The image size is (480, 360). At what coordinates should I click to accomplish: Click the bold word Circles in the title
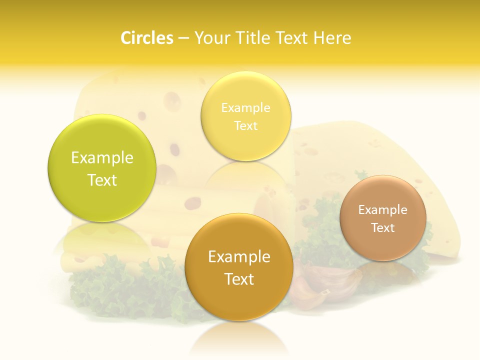click(x=146, y=38)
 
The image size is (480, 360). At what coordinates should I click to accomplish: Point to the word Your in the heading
click(x=211, y=38)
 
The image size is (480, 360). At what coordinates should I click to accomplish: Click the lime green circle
click(x=102, y=168)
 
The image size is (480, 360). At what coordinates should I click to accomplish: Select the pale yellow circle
click(x=245, y=116)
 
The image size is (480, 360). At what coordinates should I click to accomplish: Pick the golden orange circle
click(x=239, y=267)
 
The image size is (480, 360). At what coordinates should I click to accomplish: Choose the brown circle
click(x=383, y=218)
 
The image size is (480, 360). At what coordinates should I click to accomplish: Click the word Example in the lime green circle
click(x=102, y=158)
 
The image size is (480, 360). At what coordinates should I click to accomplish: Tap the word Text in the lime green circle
click(x=102, y=180)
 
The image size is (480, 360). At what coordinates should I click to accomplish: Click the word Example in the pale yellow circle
click(x=245, y=107)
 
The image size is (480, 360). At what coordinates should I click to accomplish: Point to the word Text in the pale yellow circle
click(x=245, y=125)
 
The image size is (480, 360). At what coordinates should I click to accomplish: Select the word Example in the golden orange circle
click(x=239, y=257)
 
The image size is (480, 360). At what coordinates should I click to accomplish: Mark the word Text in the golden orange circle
click(x=239, y=279)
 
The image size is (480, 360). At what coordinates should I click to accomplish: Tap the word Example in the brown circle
click(x=383, y=209)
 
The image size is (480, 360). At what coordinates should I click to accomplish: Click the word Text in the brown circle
click(x=383, y=227)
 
